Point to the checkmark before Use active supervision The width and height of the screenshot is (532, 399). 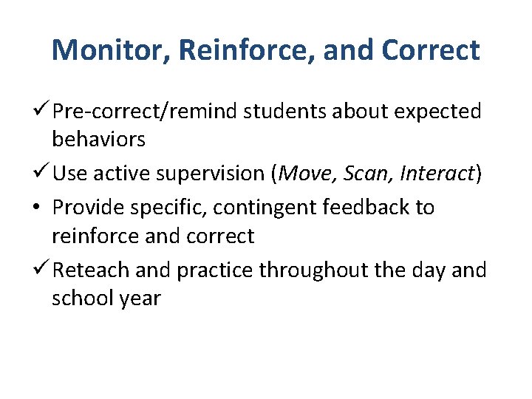pyautogui.click(x=41, y=173)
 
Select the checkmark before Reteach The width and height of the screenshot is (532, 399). pyautogui.click(x=41, y=270)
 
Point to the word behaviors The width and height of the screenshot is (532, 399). pyautogui.click(x=98, y=139)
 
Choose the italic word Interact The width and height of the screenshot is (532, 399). pyautogui.click(x=436, y=174)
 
